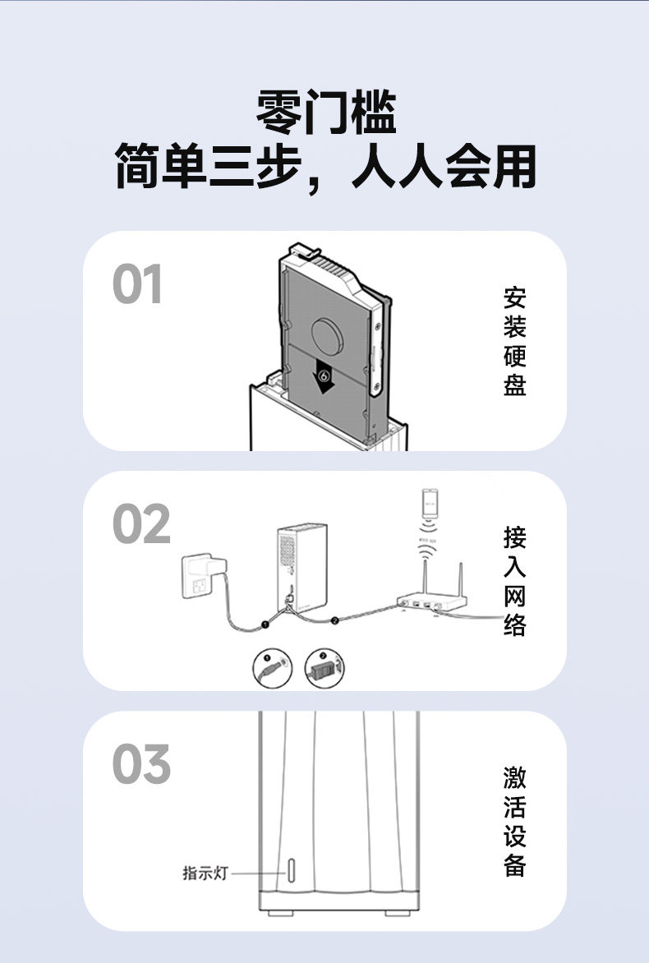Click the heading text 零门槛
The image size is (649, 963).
click(x=326, y=113)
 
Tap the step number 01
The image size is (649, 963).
click(x=137, y=285)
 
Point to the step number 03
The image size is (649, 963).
click(x=140, y=764)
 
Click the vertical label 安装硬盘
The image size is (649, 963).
click(x=514, y=341)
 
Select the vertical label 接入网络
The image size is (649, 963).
click(x=514, y=582)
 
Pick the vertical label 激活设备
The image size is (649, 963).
click(x=514, y=822)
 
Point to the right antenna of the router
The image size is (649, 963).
click(x=461, y=579)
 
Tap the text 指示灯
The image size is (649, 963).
click(x=205, y=873)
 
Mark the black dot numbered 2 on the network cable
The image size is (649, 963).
click(x=334, y=620)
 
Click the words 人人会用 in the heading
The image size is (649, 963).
click(x=444, y=167)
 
